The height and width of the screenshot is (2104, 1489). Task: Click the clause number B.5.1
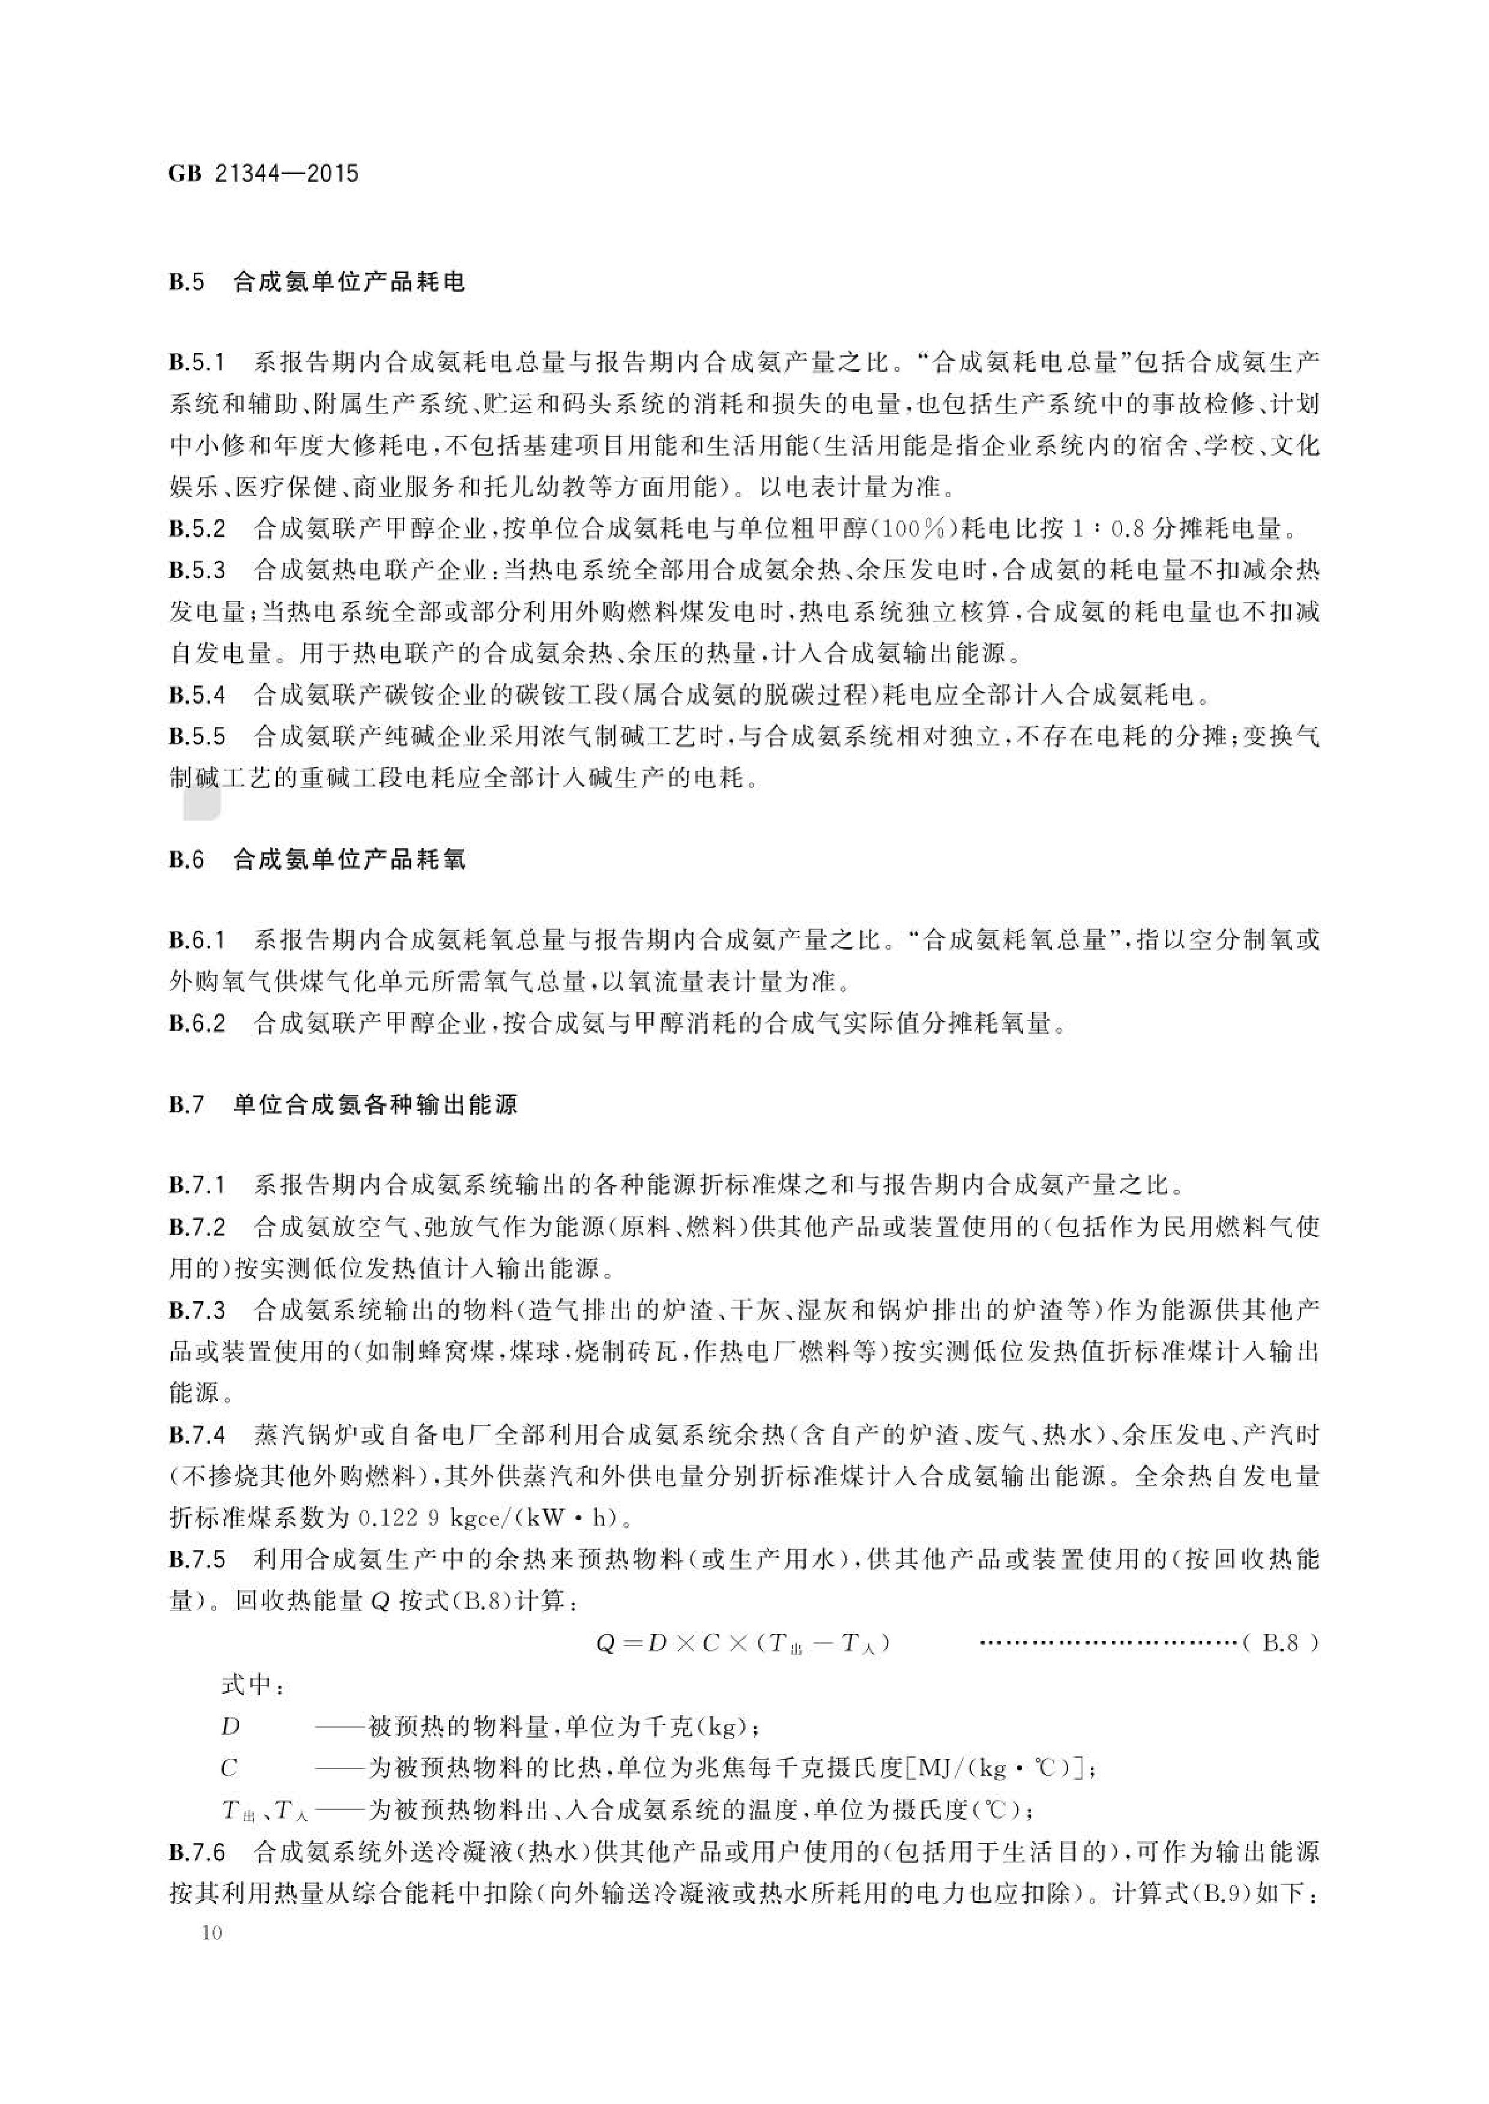(x=196, y=363)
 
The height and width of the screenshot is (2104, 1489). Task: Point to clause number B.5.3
(x=196, y=570)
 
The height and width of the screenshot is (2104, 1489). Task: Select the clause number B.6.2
(x=196, y=1023)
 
